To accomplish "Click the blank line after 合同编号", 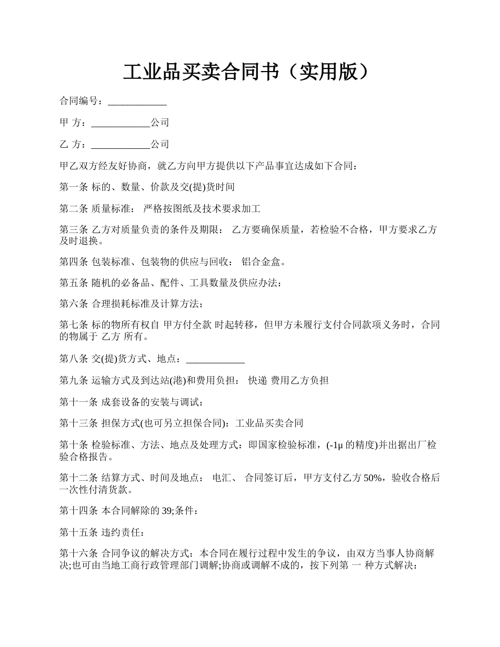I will (137, 101).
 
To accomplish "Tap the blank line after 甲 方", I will (121, 123).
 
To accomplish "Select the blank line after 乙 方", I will (121, 144).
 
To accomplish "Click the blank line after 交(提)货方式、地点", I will (215, 359).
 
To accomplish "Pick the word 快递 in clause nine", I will (257, 380).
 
